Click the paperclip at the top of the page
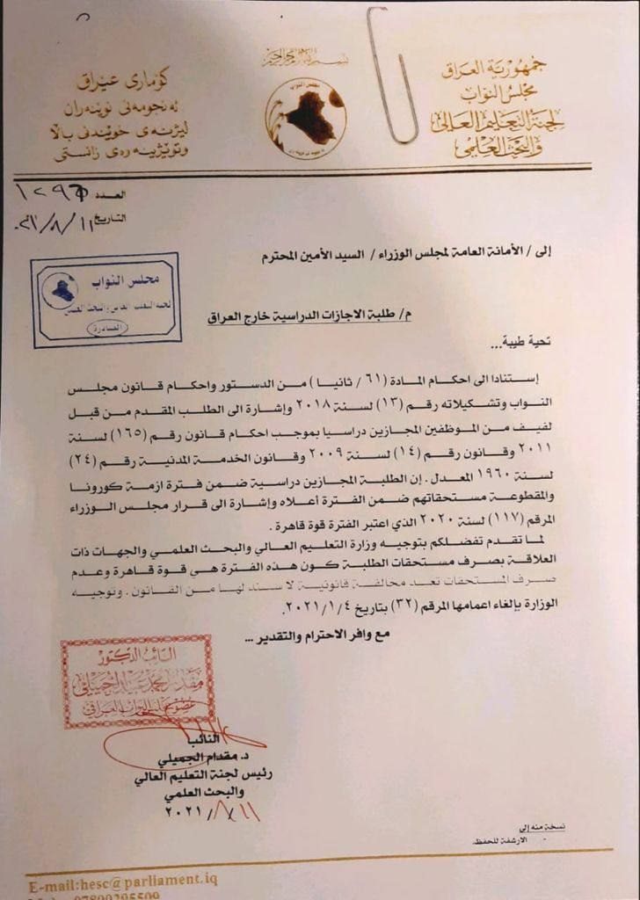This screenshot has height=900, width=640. coord(390,75)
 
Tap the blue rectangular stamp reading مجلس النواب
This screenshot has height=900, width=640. coord(105,299)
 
